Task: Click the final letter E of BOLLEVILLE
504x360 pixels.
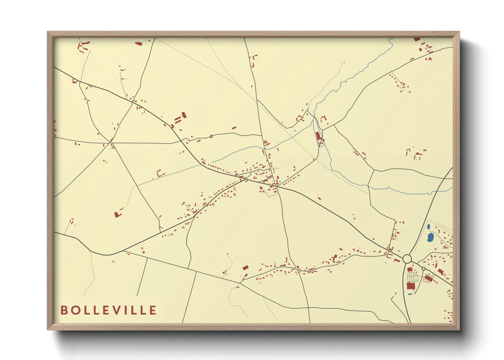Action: [153, 310]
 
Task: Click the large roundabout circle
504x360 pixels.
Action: [407, 259]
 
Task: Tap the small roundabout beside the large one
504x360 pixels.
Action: [424, 269]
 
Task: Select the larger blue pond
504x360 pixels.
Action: [430, 237]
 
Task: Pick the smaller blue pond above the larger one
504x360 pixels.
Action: [428, 226]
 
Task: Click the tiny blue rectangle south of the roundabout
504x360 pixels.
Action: [410, 294]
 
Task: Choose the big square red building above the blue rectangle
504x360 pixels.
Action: [411, 286]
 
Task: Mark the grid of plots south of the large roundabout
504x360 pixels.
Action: [412, 276]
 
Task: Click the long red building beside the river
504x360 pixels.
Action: [318, 136]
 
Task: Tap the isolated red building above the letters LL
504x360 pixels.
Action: [118, 214]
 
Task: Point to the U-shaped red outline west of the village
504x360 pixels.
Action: [159, 174]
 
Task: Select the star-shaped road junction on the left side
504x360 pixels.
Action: [111, 142]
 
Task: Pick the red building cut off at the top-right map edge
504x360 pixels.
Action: [417, 39]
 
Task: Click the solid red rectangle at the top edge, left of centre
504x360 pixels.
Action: [138, 43]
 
